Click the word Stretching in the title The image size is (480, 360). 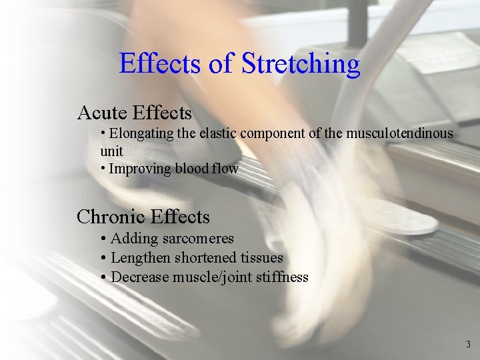click(301, 65)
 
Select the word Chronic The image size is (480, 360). click(111, 217)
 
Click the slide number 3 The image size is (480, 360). click(467, 345)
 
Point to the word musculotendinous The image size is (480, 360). click(399, 133)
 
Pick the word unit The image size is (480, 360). click(111, 151)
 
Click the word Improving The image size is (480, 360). click(139, 169)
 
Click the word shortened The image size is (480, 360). click(205, 258)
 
